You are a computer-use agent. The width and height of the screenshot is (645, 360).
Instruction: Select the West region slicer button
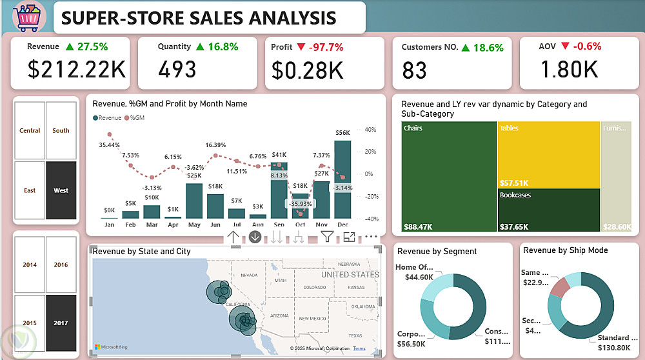pos(61,190)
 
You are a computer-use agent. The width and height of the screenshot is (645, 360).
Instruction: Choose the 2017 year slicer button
pos(61,323)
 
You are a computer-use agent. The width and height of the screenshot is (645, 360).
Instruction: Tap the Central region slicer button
pos(30,130)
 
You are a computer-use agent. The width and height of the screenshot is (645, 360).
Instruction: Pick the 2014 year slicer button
pos(30,265)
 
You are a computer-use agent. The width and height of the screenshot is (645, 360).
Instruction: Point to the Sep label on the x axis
pos(279,225)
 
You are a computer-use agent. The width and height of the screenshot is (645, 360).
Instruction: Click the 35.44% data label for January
pos(109,145)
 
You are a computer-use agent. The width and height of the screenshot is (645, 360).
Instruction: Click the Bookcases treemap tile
pos(548,209)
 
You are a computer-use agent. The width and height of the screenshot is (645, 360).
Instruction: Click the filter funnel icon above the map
pos(328,237)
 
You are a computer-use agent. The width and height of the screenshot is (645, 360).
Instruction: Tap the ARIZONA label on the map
pos(281,315)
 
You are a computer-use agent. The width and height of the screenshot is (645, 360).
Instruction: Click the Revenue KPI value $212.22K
pos(77,69)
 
